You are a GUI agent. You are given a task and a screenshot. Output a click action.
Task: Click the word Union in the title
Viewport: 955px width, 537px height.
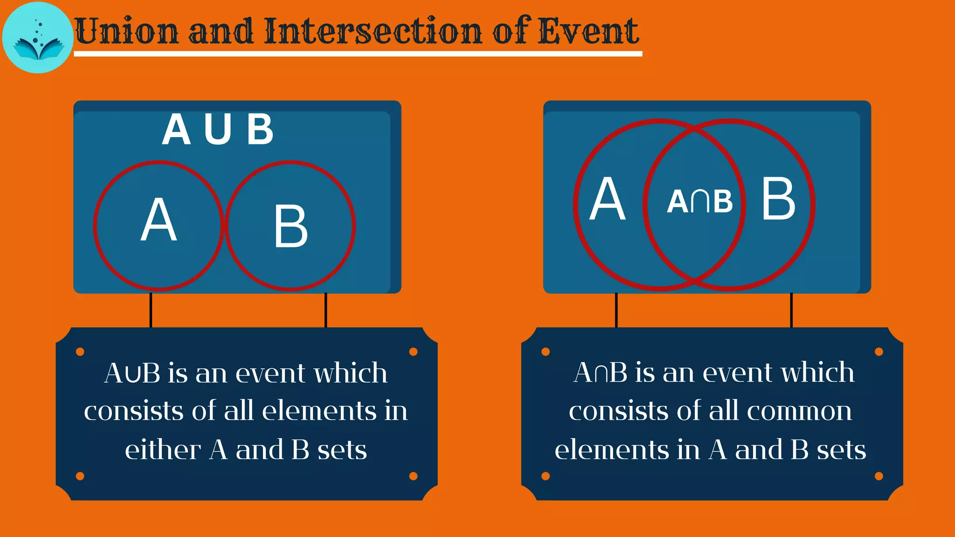127,32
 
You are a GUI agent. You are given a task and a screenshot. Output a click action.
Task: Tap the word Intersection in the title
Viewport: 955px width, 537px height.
373,32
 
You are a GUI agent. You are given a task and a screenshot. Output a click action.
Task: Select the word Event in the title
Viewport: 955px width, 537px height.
588,32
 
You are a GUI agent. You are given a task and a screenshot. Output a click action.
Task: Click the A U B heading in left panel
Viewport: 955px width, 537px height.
218,130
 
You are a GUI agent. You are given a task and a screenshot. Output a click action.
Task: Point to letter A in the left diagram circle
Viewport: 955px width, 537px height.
159,220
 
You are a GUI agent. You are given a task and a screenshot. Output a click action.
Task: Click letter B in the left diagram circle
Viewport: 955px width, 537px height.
291,227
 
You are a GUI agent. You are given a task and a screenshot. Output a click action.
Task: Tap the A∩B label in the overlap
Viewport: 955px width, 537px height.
699,201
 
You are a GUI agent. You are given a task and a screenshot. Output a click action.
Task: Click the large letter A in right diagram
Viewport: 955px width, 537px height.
607,200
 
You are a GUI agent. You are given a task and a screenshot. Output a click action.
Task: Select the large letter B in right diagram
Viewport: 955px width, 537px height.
778,200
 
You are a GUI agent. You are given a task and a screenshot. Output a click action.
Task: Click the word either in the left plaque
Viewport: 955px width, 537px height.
163,450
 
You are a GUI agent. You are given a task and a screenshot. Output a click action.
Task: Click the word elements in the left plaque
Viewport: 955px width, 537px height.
319,411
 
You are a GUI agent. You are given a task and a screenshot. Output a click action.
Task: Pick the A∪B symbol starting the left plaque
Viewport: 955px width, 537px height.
132,373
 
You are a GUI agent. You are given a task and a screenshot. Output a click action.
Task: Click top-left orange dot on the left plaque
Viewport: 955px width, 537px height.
80,351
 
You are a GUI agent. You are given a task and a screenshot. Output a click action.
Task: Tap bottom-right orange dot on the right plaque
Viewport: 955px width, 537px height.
879,476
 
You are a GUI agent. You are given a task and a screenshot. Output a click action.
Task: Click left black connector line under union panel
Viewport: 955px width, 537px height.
151,310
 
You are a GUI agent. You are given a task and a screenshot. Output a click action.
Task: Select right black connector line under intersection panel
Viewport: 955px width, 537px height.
791,310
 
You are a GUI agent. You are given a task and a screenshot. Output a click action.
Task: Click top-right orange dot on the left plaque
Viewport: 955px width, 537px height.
413,351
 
